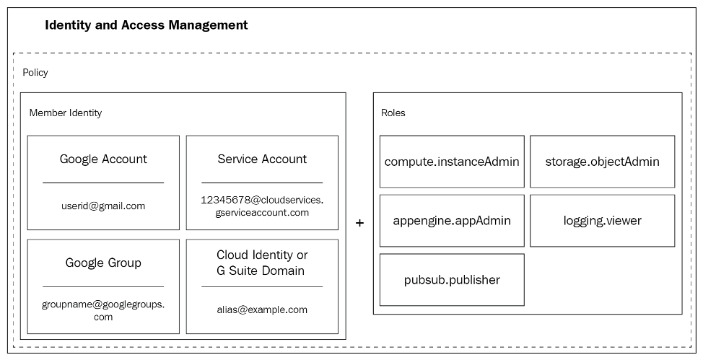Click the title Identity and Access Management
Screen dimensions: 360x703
point(146,25)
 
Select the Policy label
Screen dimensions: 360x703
point(35,73)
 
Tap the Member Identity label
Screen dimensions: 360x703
point(66,113)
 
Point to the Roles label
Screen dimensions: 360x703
point(393,113)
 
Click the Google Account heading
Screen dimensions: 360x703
point(103,159)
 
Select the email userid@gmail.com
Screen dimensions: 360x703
point(103,206)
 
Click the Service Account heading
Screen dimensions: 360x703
point(262,159)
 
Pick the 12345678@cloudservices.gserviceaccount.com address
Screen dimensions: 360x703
point(262,206)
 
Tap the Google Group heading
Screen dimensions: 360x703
point(103,263)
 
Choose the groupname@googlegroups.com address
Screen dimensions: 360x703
point(103,310)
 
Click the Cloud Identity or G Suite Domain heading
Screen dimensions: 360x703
point(262,263)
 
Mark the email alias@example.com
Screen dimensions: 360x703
point(262,309)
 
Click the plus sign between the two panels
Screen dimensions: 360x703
point(359,224)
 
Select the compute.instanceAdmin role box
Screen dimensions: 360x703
point(452,162)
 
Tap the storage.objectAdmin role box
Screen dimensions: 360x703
point(602,162)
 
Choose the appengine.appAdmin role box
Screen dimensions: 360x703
point(452,221)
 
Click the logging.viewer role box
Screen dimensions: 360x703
point(602,221)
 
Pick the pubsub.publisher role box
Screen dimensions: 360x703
point(452,280)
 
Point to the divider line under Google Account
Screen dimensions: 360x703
point(103,183)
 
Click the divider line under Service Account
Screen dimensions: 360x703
point(262,183)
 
